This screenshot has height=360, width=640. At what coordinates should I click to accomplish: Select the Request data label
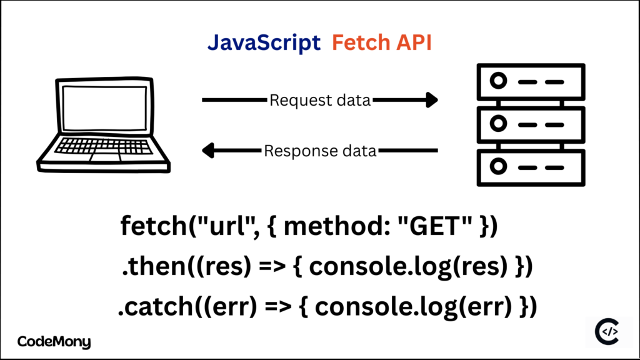tap(320, 100)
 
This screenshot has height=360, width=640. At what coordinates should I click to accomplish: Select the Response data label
tap(320, 151)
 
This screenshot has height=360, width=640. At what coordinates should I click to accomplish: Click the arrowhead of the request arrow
tap(431, 100)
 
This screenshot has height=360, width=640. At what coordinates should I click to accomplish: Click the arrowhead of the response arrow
tap(208, 151)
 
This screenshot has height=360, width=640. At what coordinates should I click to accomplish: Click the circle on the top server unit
tap(498, 81)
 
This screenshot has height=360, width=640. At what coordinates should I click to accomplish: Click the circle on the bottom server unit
tap(498, 167)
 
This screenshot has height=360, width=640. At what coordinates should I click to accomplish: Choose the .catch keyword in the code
tap(149, 307)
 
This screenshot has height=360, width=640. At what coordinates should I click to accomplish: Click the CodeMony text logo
tap(54, 342)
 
